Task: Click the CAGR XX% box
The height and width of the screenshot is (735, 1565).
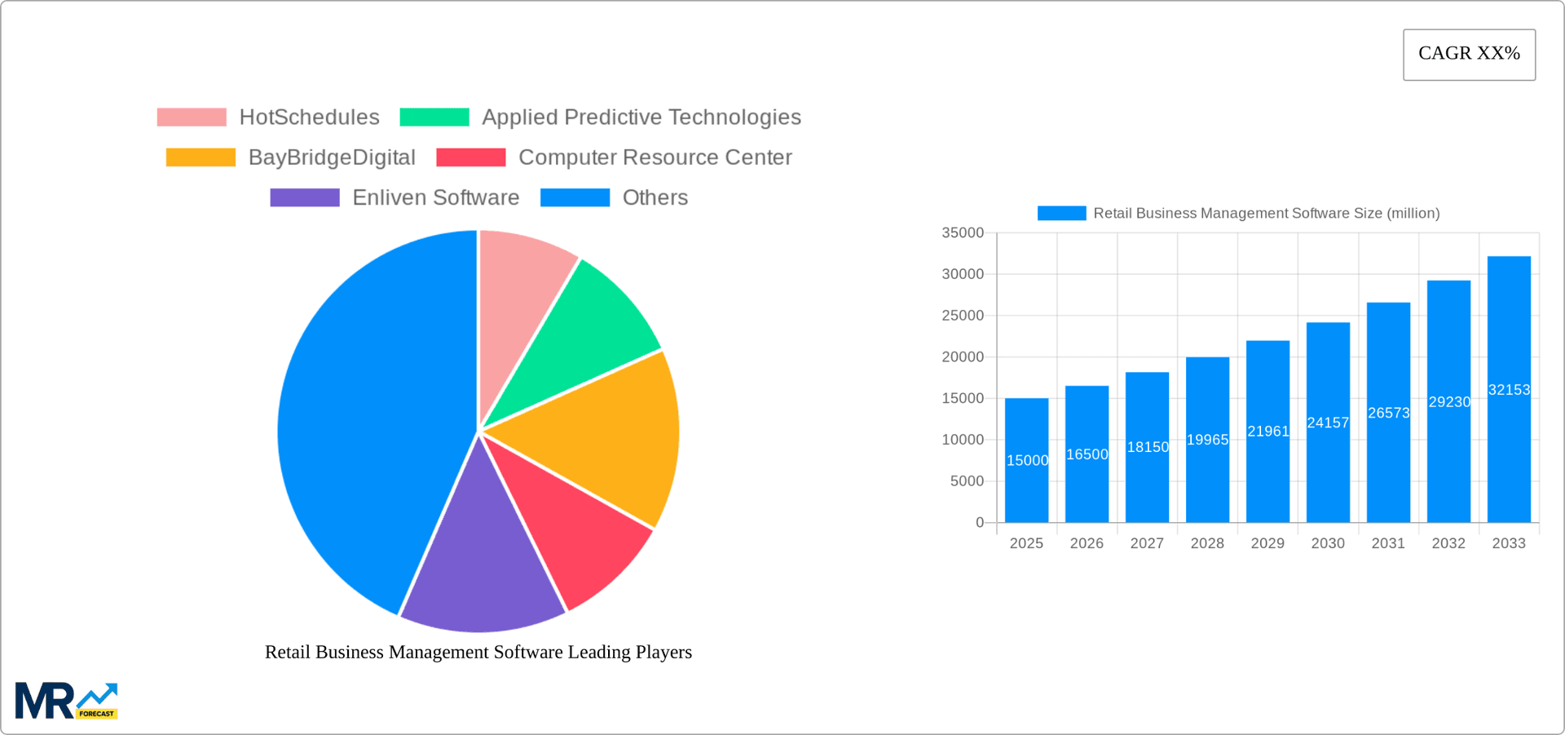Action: [1469, 55]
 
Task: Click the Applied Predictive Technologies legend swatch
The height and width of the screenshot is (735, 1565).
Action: [434, 117]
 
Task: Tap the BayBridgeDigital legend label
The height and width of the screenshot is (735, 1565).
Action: [331, 157]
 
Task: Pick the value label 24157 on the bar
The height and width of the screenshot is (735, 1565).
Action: [1328, 423]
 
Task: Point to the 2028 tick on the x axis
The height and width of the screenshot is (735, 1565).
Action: [1207, 543]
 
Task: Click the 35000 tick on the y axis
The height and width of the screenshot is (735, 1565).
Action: [963, 233]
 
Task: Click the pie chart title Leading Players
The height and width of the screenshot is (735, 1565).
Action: [478, 652]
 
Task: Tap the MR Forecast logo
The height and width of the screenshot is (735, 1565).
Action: [66, 701]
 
